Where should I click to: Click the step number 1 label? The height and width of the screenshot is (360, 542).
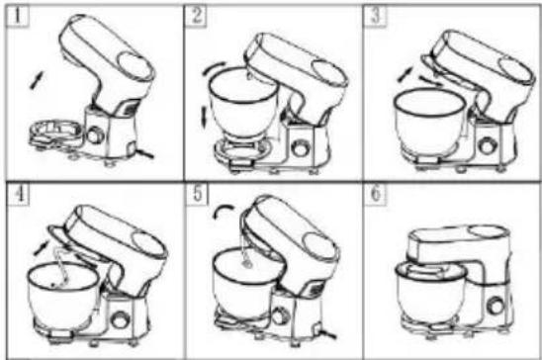(x=17, y=16)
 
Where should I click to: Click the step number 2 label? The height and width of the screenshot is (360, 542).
(x=197, y=16)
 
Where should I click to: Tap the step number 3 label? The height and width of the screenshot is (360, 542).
(x=376, y=16)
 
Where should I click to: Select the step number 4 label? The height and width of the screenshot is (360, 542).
(x=19, y=194)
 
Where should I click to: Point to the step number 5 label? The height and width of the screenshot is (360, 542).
(x=198, y=194)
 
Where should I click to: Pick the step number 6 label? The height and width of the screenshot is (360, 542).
(x=376, y=194)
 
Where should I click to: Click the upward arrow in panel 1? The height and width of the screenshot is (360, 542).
(x=37, y=80)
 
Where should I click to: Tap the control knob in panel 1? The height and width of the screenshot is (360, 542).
(x=95, y=135)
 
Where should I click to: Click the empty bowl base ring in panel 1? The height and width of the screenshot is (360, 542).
(x=55, y=132)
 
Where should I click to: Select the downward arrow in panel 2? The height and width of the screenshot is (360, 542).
(x=204, y=118)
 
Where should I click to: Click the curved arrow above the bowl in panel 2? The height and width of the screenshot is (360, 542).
(x=214, y=68)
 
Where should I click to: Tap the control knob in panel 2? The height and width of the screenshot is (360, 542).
(x=300, y=148)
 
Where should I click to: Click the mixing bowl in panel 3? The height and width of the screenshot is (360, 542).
(x=429, y=122)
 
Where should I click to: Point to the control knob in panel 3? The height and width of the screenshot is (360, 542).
(x=488, y=145)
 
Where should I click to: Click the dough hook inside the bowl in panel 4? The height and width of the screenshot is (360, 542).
(x=61, y=268)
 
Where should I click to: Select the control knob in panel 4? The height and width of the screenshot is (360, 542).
(x=120, y=319)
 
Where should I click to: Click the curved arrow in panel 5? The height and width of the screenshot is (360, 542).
(x=223, y=210)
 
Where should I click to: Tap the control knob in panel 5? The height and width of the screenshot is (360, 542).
(x=280, y=315)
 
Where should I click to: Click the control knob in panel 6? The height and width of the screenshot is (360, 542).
(x=495, y=306)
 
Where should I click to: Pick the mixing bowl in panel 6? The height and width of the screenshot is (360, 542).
(x=430, y=295)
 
